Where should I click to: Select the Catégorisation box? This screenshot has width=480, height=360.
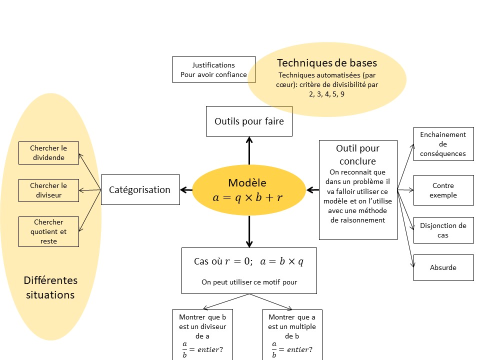[140, 189]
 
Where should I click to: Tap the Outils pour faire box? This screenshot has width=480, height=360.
[249, 121]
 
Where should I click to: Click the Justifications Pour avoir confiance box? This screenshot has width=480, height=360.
[213, 69]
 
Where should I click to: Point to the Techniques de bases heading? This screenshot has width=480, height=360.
[327, 63]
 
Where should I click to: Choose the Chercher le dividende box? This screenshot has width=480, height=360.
[48, 153]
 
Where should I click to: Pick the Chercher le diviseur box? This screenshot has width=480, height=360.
[48, 190]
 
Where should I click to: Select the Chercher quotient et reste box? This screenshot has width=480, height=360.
[48, 231]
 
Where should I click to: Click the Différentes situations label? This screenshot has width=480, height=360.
[50, 287]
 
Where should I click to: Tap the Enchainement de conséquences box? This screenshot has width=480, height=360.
[443, 144]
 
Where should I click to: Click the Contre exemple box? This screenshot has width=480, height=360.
[443, 190]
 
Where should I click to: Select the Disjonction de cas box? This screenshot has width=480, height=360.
[443, 230]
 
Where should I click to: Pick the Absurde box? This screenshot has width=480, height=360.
[443, 267]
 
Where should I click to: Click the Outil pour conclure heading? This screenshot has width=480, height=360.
[357, 154]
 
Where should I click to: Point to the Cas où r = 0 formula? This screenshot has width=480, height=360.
[248, 261]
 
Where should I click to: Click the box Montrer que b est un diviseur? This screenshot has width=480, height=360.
[202, 334]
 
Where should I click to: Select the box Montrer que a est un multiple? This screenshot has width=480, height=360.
[292, 334]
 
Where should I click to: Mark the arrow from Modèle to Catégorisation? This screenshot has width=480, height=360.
[186, 189]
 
